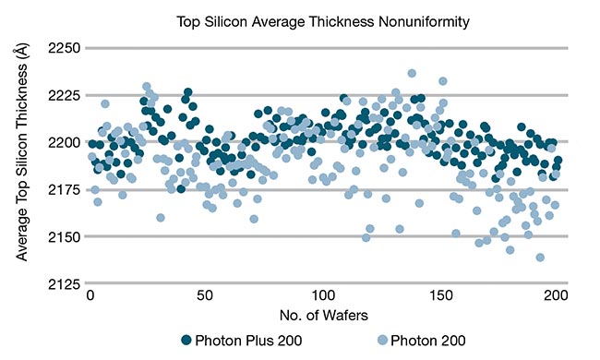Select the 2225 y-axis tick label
click(x=64, y=95)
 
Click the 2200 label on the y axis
click(x=64, y=142)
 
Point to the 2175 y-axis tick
click(x=64, y=189)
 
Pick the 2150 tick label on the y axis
click(x=64, y=236)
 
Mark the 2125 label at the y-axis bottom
click(x=64, y=283)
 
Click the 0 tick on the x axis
click(x=90, y=296)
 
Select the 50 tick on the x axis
click(x=206, y=296)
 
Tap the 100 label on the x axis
click(x=323, y=296)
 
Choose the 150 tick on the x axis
click(x=440, y=296)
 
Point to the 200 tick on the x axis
click(x=557, y=296)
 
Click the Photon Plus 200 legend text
click(x=249, y=341)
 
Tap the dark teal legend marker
click(x=187, y=341)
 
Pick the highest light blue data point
click(x=412, y=73)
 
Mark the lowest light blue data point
click(x=540, y=258)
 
